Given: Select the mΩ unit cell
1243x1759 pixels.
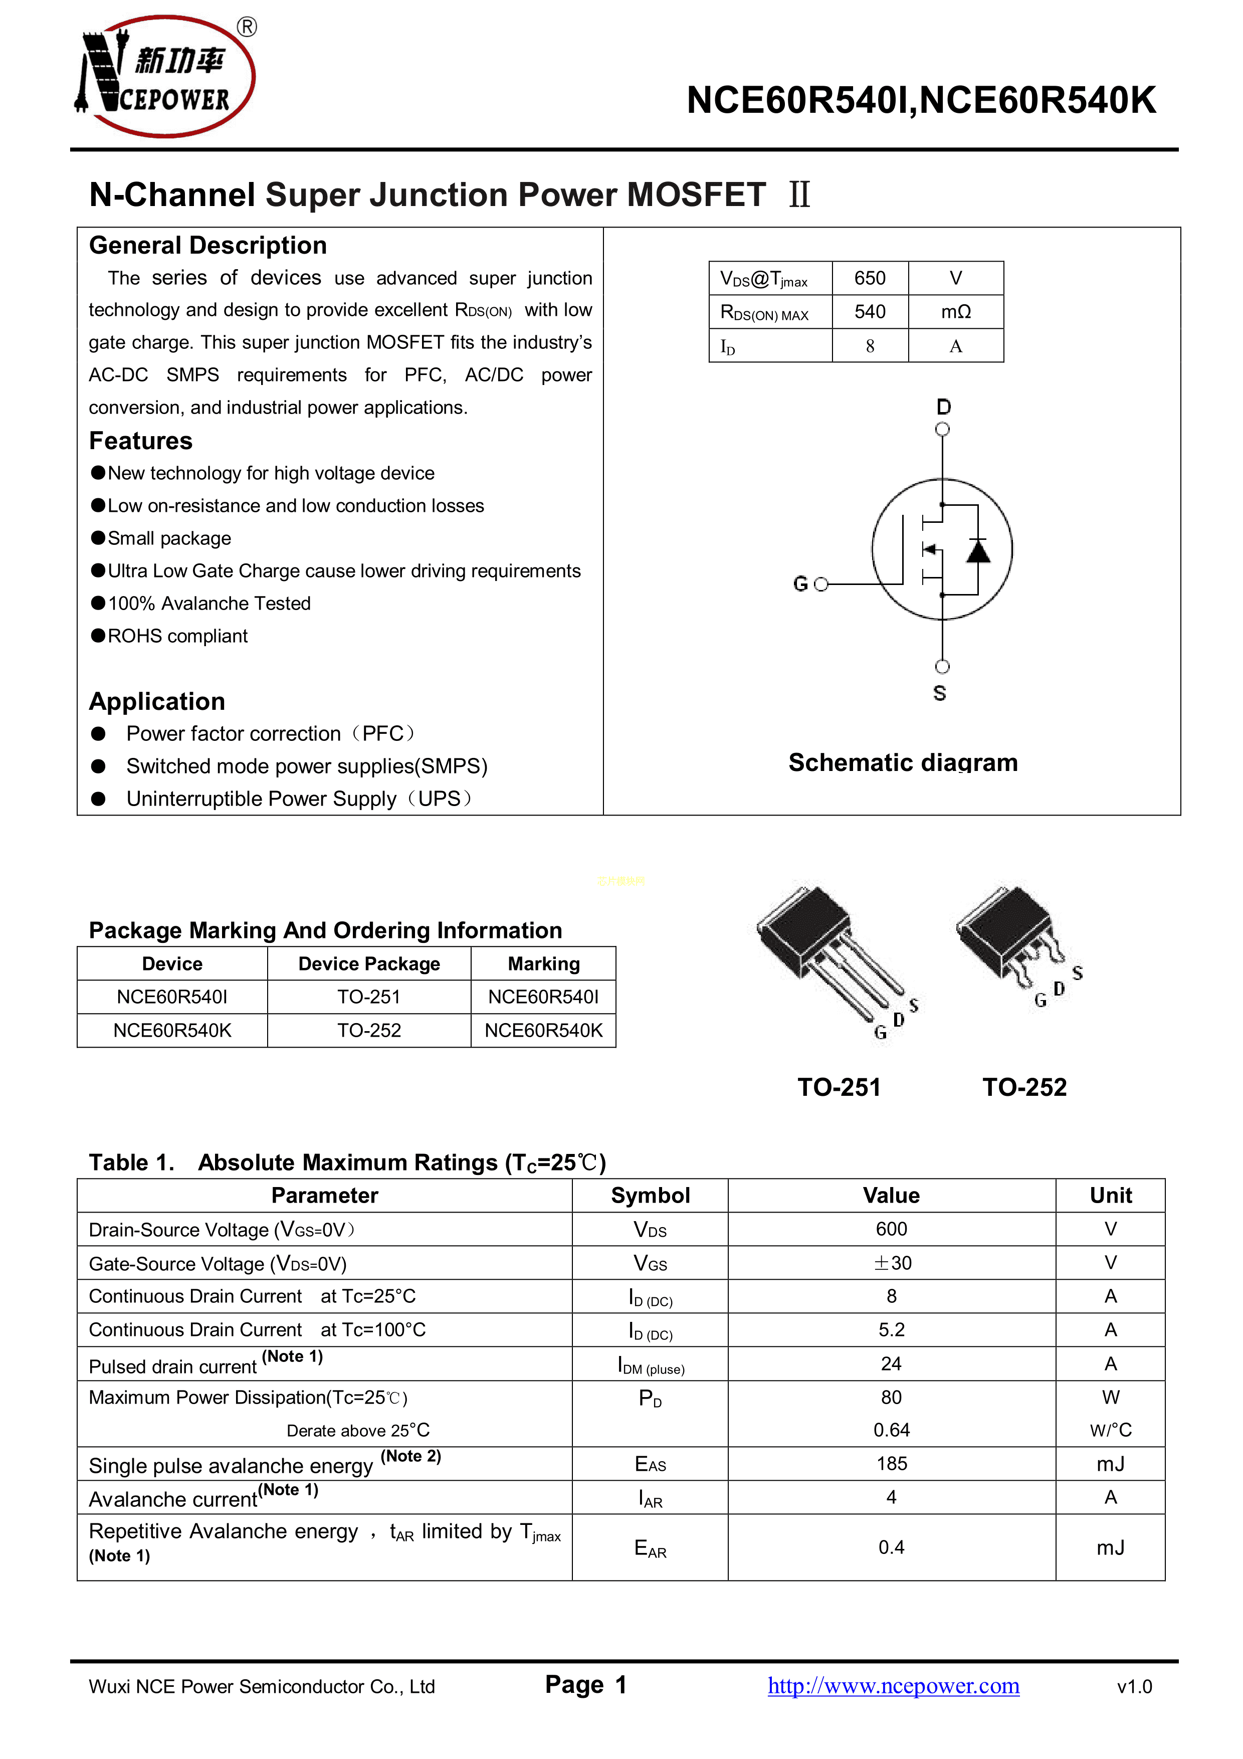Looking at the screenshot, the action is tap(956, 312).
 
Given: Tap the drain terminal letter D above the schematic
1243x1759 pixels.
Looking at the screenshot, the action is tap(944, 407).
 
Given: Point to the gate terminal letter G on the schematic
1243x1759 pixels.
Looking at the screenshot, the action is tap(800, 584).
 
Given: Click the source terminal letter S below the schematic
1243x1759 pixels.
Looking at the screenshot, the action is tap(940, 693).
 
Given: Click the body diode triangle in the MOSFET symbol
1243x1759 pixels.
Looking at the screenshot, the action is tap(978, 550).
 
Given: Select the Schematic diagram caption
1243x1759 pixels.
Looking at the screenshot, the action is tap(903, 762).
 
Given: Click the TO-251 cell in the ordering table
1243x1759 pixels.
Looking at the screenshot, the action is tap(369, 997).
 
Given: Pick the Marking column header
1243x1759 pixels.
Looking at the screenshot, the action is tap(544, 964).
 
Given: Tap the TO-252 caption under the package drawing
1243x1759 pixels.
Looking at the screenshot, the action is tap(1025, 1087).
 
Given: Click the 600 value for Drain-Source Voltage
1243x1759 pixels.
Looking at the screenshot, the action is tap(892, 1229).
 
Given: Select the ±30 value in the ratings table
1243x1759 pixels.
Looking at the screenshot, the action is tap(892, 1263).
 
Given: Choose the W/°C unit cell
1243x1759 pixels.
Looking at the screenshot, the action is tap(1111, 1430).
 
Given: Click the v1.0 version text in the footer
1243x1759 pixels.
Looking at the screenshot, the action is tap(1134, 1686).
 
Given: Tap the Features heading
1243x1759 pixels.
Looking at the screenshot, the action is tap(141, 441).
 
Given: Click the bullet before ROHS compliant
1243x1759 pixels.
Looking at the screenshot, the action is tap(98, 636).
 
